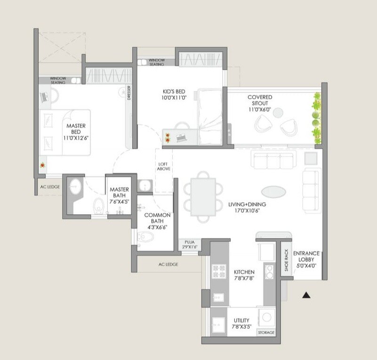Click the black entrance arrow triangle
[x=306, y=295]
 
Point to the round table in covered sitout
[x=278, y=112]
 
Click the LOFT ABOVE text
[x=164, y=166]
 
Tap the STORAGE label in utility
[x=265, y=333]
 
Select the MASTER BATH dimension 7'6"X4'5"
[x=120, y=201]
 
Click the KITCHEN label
[x=244, y=272]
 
